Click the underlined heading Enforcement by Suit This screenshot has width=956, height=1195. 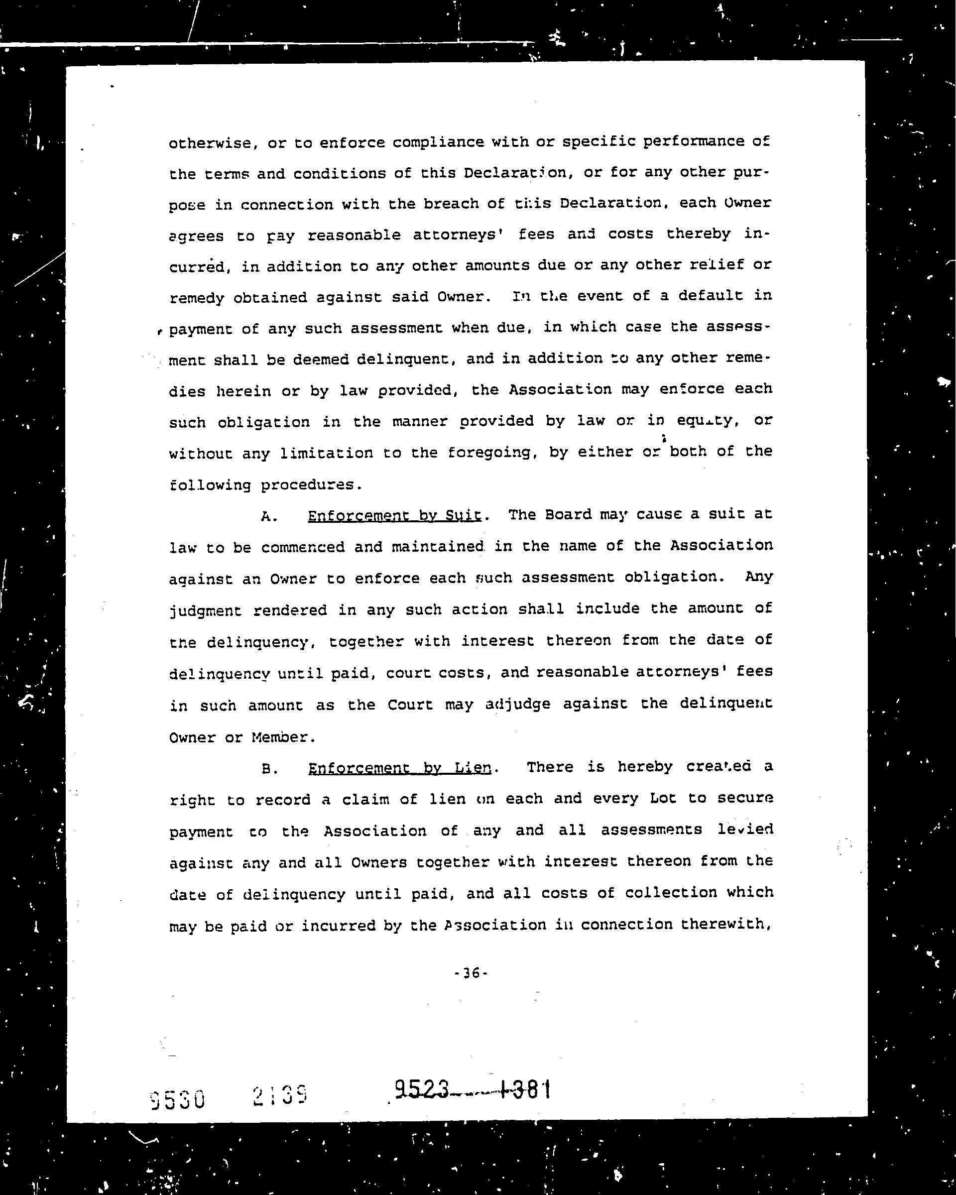[394, 516]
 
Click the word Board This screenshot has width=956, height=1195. [569, 515]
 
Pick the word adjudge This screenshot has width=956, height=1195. [518, 705]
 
